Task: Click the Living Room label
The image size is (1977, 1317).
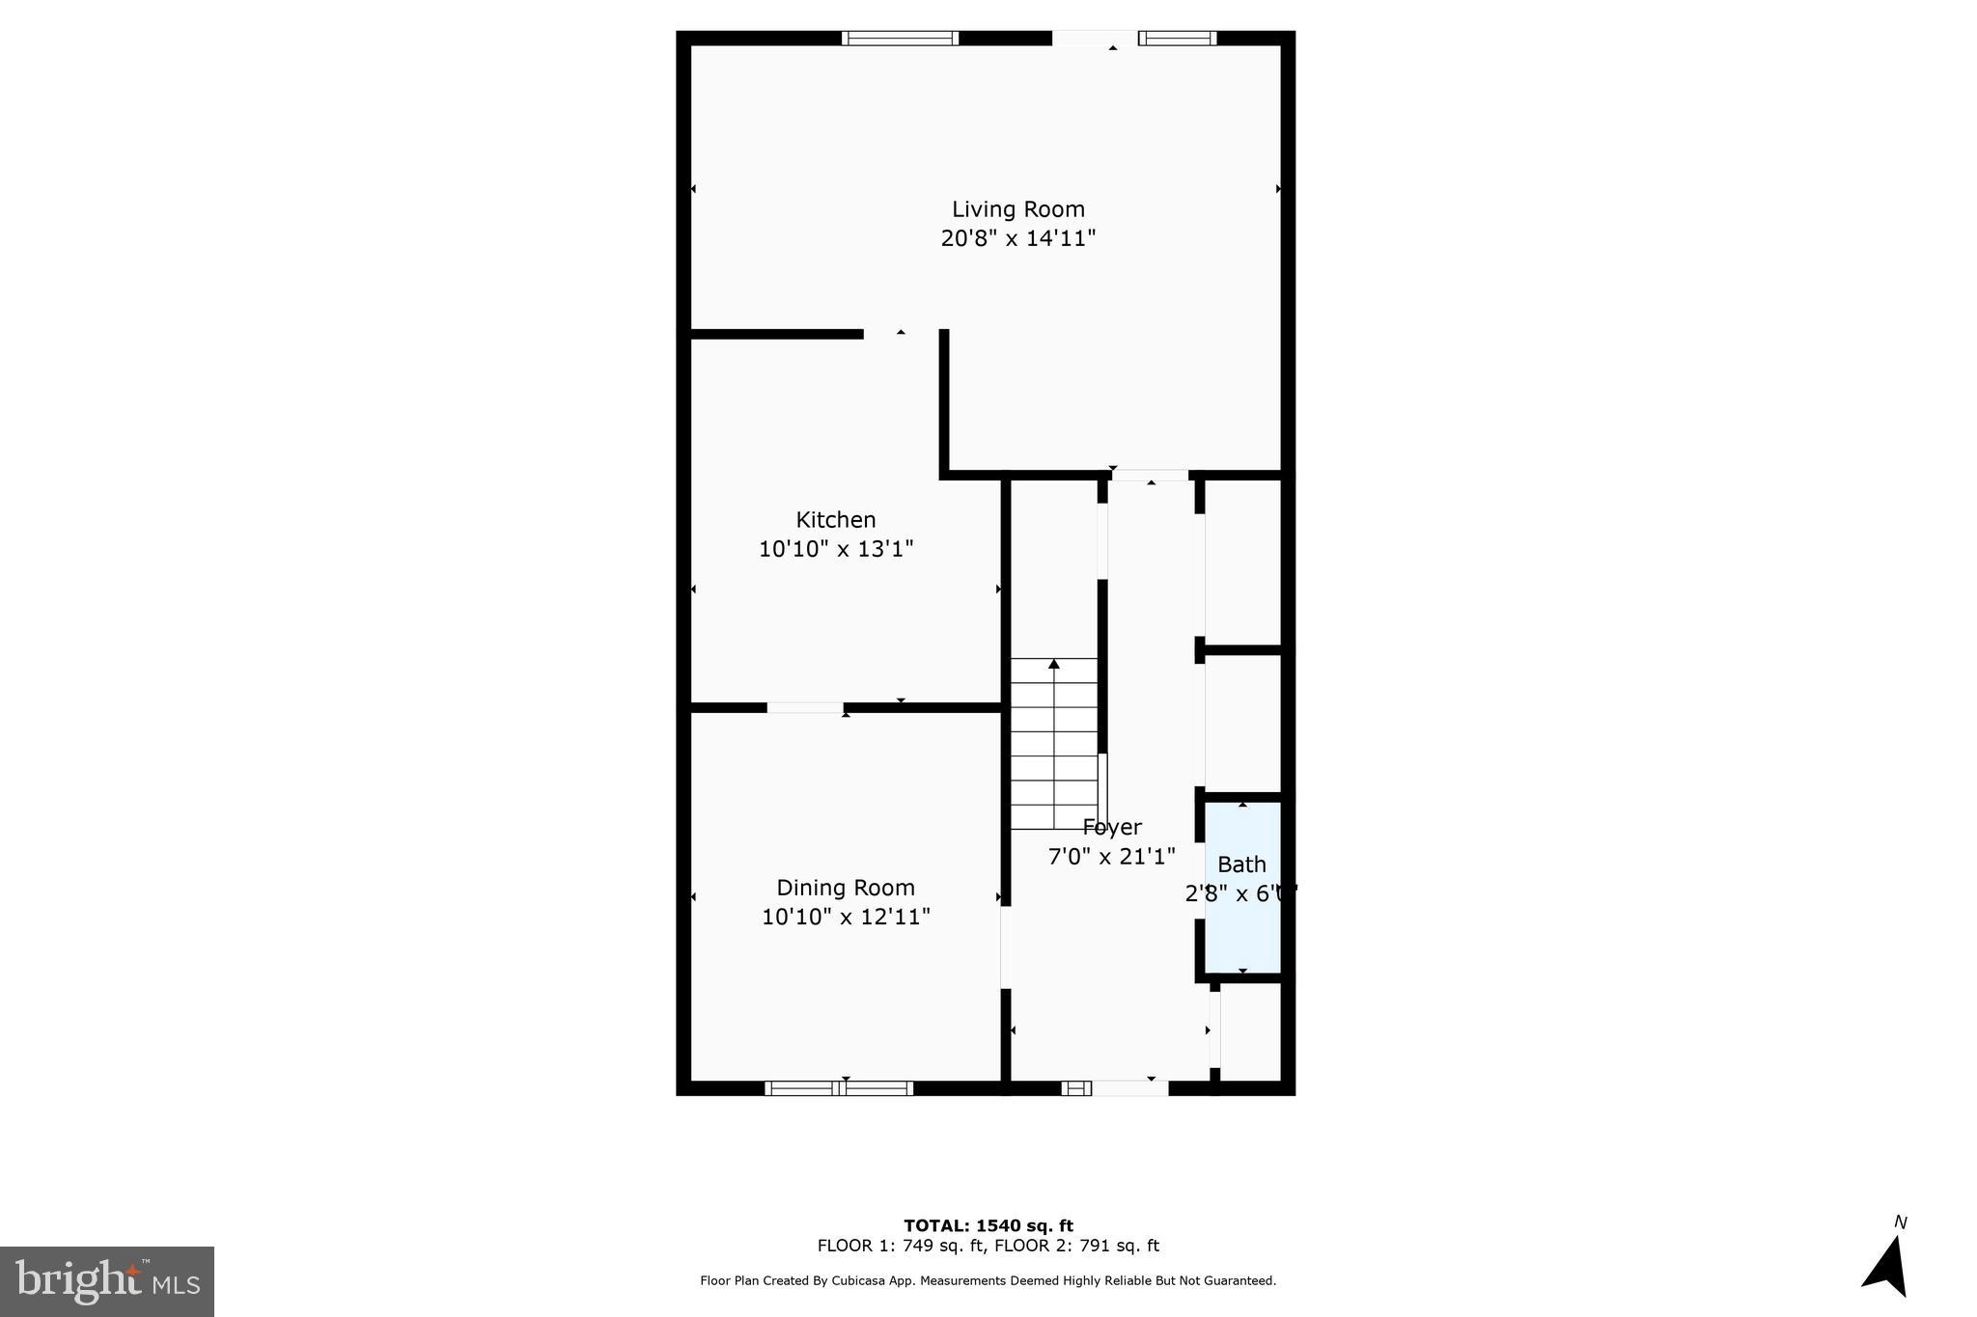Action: click(x=1017, y=209)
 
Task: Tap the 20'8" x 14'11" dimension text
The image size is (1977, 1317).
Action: click(x=1017, y=238)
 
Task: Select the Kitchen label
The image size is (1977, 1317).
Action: click(x=835, y=520)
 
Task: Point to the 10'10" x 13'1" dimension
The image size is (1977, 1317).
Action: click(x=835, y=549)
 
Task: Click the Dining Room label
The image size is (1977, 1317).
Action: click(x=845, y=888)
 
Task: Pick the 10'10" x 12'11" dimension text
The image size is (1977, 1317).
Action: click(x=845, y=917)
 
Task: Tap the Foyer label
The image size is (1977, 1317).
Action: click(x=1112, y=827)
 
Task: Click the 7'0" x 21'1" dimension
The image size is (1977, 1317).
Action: click(x=1112, y=856)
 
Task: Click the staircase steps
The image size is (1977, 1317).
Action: click(x=1054, y=753)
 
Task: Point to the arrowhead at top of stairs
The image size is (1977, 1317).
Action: click(x=1054, y=664)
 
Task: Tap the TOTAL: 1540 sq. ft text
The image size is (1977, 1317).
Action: click(x=988, y=1225)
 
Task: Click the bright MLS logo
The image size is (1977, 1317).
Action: click(x=107, y=1281)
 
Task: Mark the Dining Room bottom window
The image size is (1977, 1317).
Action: click(x=839, y=1088)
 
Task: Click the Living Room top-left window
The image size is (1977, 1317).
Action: click(x=900, y=39)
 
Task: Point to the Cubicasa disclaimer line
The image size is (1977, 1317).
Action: click(x=988, y=1281)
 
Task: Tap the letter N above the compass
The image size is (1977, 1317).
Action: click(x=1900, y=1222)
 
